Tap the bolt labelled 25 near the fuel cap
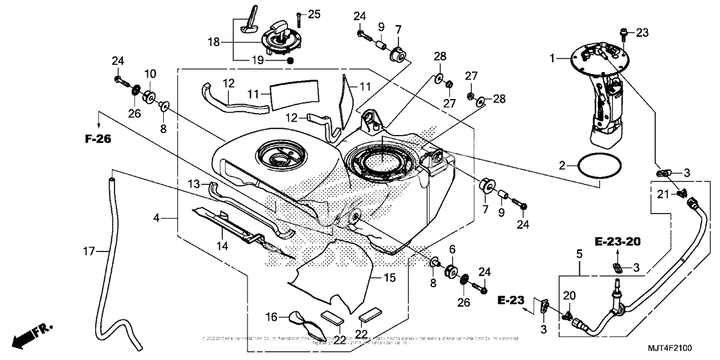pos(299,15)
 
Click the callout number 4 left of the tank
pos(156,219)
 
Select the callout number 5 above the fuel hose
pos(579,253)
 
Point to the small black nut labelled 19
pos(290,60)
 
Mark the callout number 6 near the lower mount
pos(452,249)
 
